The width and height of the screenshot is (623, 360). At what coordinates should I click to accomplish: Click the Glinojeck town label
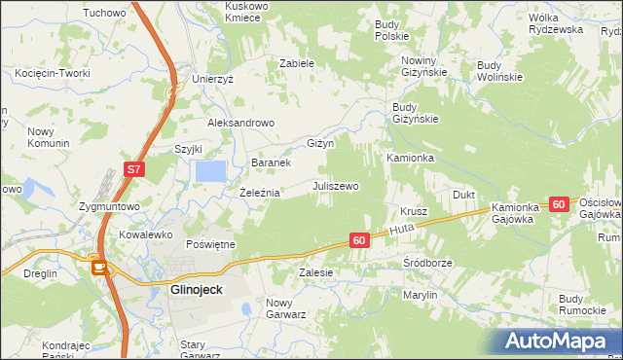[x=183, y=290]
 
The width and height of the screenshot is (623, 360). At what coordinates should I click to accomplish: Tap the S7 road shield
[x=134, y=170]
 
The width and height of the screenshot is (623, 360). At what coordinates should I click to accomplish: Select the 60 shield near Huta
[x=359, y=239]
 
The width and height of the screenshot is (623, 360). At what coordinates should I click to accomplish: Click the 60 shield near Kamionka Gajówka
[x=558, y=204]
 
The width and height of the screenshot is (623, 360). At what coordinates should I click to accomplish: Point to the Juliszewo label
[x=336, y=185]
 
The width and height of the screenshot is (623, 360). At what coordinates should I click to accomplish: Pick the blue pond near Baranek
[x=210, y=171]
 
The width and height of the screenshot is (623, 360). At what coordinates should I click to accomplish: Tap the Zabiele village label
[x=297, y=63]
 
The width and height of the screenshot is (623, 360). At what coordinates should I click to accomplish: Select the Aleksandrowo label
[x=241, y=124]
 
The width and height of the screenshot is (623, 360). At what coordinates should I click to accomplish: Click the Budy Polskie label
[x=391, y=29]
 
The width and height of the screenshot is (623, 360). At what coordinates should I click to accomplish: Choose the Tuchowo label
[x=105, y=13]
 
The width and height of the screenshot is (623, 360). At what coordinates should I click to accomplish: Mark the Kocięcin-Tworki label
[x=47, y=73]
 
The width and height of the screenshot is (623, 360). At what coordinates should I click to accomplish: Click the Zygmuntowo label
[x=110, y=206]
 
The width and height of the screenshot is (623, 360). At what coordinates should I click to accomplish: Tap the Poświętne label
[x=211, y=244]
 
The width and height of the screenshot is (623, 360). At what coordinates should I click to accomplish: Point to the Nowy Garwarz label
[x=286, y=308]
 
